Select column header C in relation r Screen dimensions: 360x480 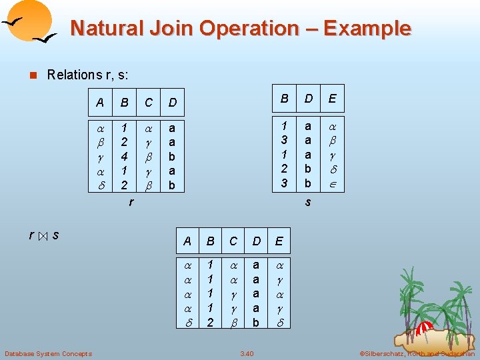click(x=149, y=103)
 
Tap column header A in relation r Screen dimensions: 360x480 click(x=100, y=103)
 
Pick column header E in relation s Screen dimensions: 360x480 click(x=332, y=99)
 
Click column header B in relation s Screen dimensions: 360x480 click(x=284, y=99)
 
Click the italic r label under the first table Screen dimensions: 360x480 click(x=131, y=201)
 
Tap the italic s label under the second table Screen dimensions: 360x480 click(x=307, y=201)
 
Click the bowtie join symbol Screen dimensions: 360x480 click(x=42, y=236)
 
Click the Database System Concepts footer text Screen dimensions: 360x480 click(x=48, y=353)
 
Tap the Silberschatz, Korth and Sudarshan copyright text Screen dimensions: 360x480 click(x=417, y=353)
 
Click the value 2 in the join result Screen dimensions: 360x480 click(x=211, y=323)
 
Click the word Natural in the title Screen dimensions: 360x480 click(x=101, y=29)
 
